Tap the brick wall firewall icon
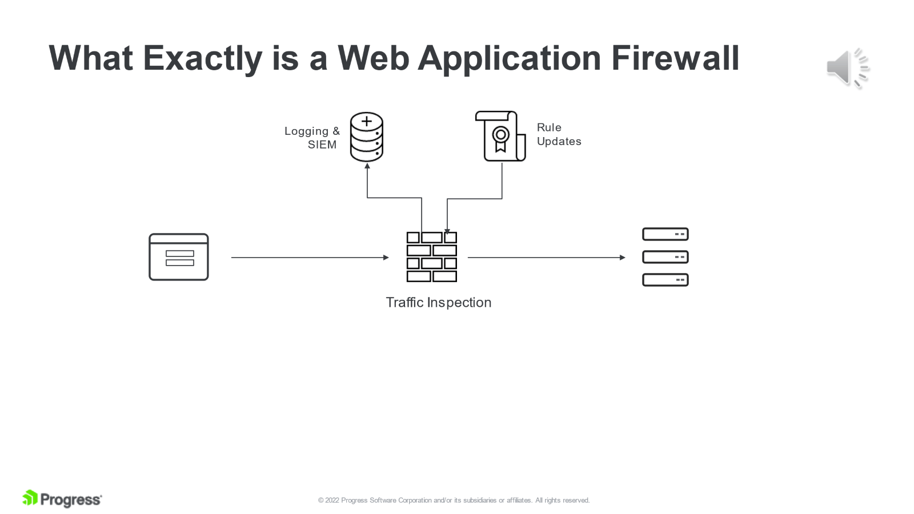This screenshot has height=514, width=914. (431, 257)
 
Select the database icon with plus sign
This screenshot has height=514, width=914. (367, 137)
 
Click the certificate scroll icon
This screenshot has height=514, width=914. (500, 136)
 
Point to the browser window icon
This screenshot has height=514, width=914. (179, 257)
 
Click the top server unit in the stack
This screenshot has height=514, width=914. (665, 234)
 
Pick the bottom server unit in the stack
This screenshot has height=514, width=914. (665, 280)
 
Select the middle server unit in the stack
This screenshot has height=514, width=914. (665, 257)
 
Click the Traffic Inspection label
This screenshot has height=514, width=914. (438, 303)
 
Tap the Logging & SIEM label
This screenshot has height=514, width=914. (312, 138)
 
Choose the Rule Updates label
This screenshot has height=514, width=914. (558, 134)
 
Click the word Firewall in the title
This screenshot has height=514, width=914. (675, 58)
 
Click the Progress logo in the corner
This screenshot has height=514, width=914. (62, 499)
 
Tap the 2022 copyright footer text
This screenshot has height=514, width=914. (454, 500)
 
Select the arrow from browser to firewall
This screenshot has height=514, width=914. (309, 258)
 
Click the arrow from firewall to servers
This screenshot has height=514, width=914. (546, 258)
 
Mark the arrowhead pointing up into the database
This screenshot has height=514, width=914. (367, 166)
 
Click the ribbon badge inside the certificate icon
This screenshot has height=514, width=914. (500, 139)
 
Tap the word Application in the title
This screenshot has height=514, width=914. (510, 58)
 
